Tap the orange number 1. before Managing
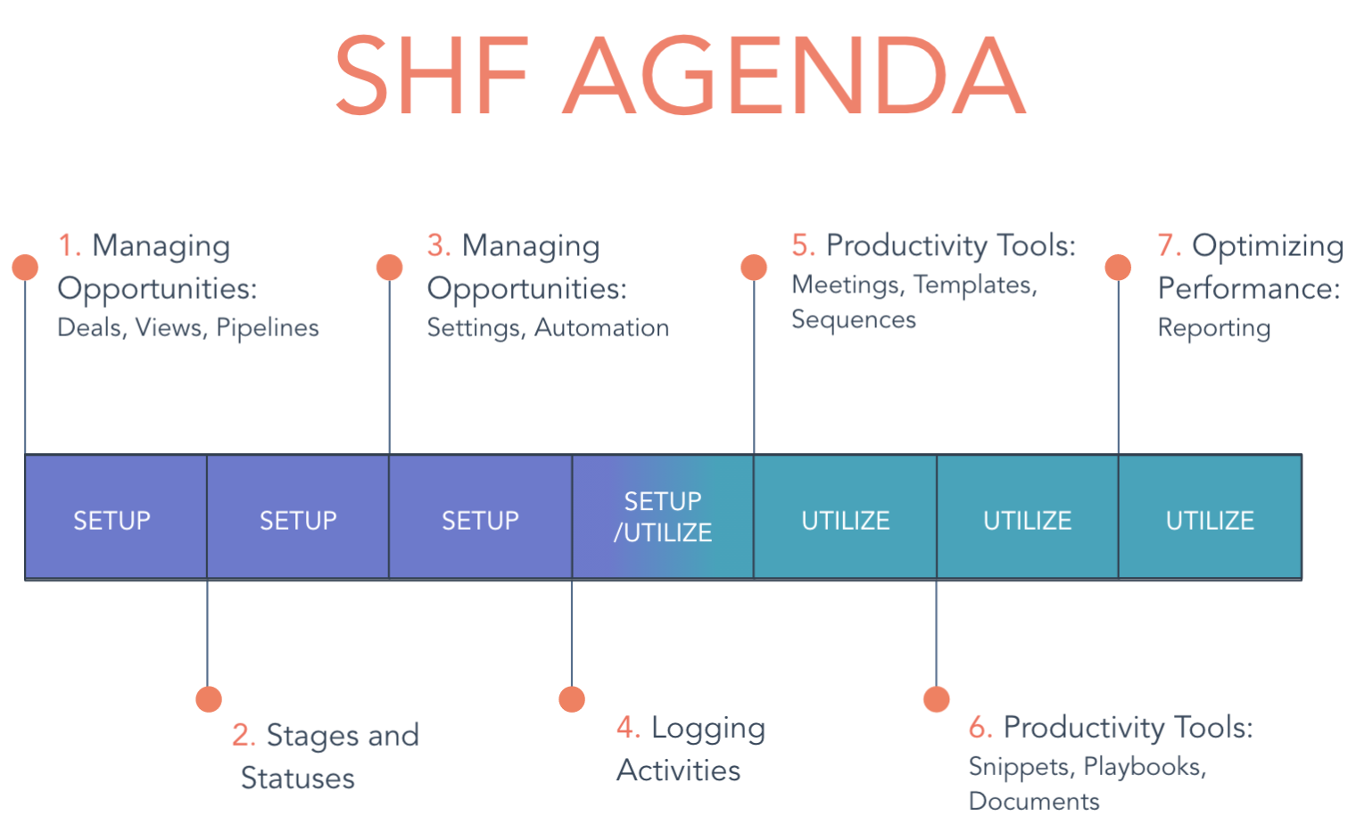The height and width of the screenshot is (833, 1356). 70,245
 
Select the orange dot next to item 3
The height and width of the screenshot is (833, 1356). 389,267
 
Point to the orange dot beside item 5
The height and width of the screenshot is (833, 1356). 754,267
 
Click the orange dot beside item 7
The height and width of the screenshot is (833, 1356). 1118,267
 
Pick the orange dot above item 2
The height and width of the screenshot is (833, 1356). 209,699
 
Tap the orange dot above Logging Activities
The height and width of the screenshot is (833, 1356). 572,699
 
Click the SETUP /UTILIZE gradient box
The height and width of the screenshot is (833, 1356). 663,517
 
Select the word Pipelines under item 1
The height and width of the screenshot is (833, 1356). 267,328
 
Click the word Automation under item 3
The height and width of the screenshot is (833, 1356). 601,327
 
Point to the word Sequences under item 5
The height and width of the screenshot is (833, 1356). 854,319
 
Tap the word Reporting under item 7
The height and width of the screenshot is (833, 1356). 1214,328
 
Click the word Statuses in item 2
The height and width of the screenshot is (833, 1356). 298,778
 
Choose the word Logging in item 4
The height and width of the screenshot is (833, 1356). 708,729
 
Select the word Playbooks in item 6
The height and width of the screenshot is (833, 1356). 1145,767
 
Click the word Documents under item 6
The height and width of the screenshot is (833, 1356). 1034,802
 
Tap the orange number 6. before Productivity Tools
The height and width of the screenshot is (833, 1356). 980,727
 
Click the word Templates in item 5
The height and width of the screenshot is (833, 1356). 975,285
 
